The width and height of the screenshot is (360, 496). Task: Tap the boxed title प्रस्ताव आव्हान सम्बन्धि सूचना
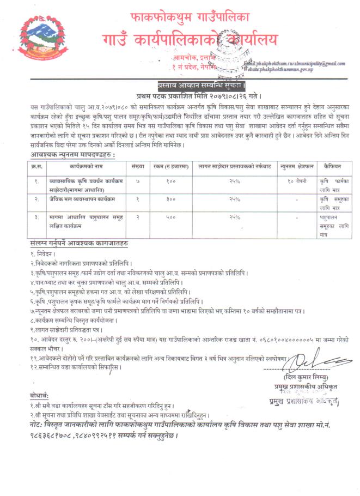(x=180, y=86)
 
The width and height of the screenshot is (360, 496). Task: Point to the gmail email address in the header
(x=302, y=64)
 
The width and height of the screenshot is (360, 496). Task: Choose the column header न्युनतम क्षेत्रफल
(x=295, y=164)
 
